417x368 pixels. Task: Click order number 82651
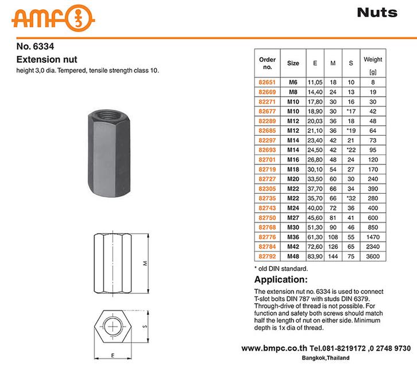click(268, 82)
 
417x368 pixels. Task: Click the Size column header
click(293, 63)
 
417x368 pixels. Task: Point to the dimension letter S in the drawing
click(145, 327)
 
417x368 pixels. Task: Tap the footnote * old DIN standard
click(281, 269)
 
